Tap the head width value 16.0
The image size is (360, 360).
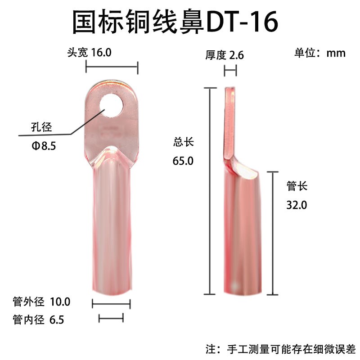100,52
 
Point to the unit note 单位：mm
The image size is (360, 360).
319,53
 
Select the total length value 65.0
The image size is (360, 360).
183,161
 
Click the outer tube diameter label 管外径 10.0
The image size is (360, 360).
41,301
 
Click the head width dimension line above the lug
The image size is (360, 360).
112,68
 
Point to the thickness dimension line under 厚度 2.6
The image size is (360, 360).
230,71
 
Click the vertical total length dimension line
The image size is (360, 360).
209,191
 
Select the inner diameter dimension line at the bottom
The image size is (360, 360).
111,319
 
